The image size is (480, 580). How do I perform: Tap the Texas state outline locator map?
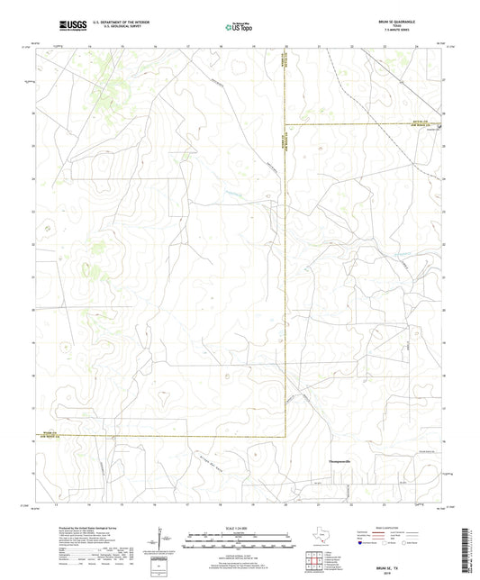click(x=323, y=538)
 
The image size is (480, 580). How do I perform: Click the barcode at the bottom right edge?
click(x=472, y=551)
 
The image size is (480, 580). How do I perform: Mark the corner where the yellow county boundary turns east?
click(x=286, y=123)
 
